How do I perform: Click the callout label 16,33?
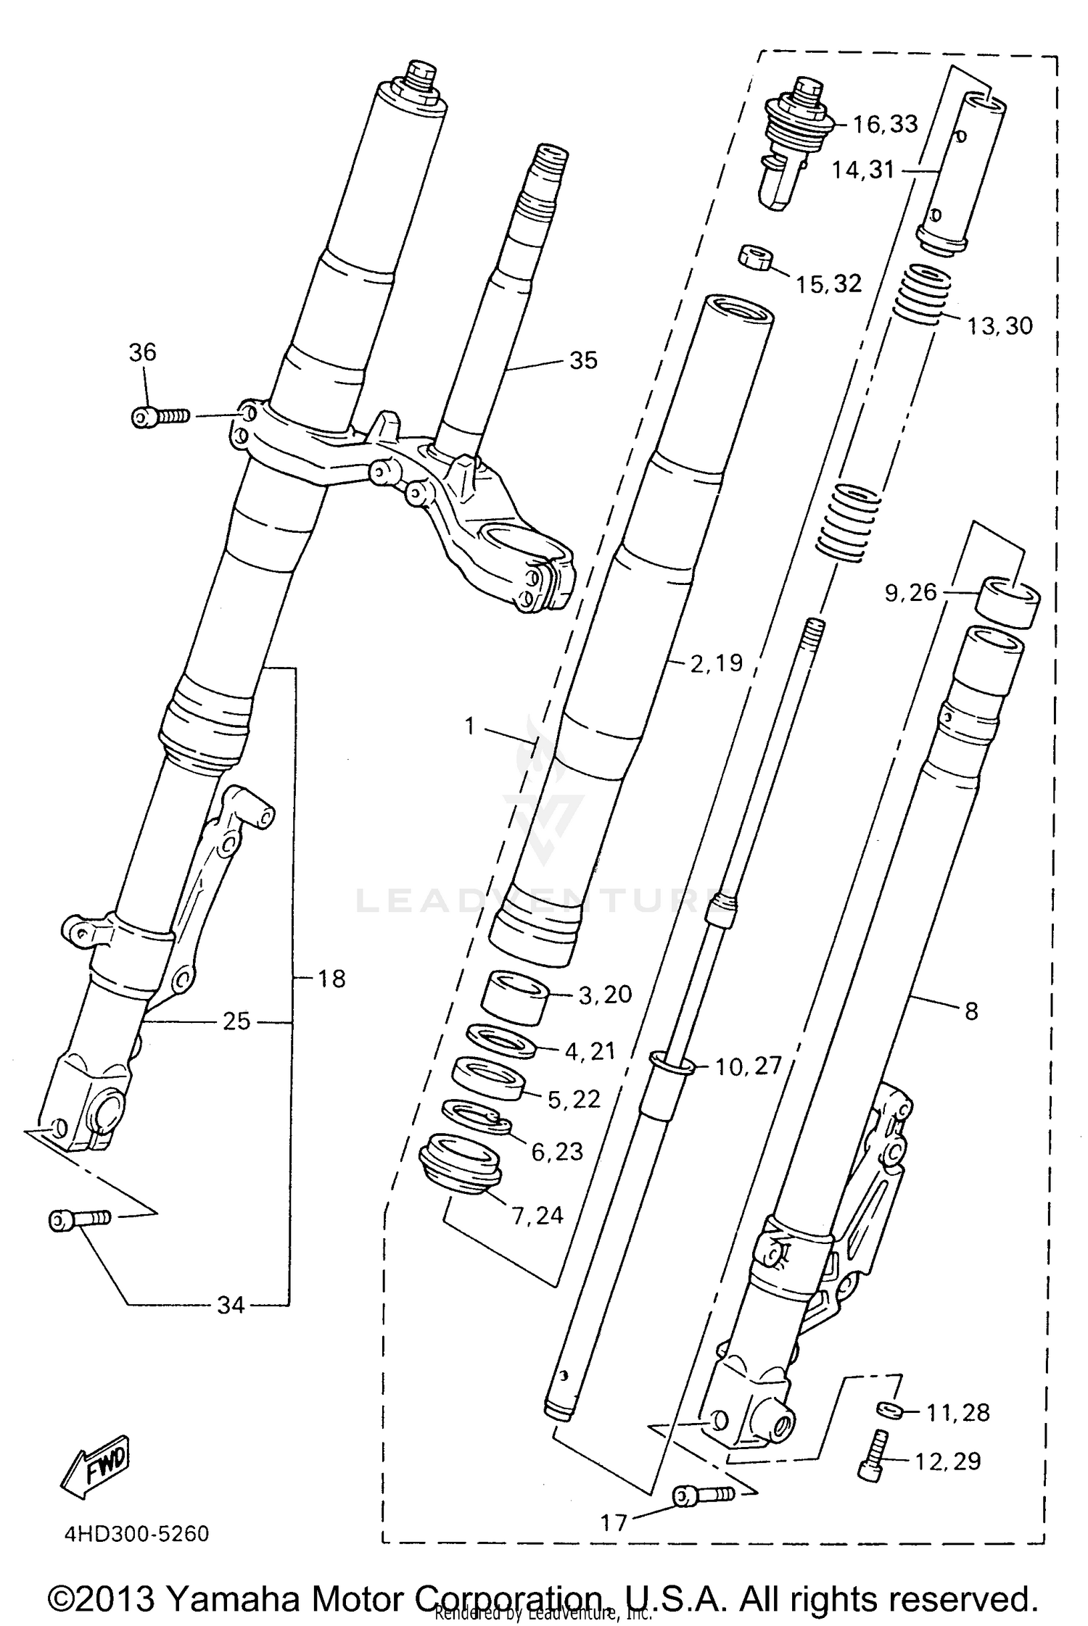(885, 124)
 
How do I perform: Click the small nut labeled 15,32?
(755, 257)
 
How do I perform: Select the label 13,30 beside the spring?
(999, 326)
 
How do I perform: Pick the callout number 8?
(971, 1011)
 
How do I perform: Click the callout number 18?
(331, 979)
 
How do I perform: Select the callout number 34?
(231, 1305)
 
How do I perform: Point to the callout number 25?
(236, 1021)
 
